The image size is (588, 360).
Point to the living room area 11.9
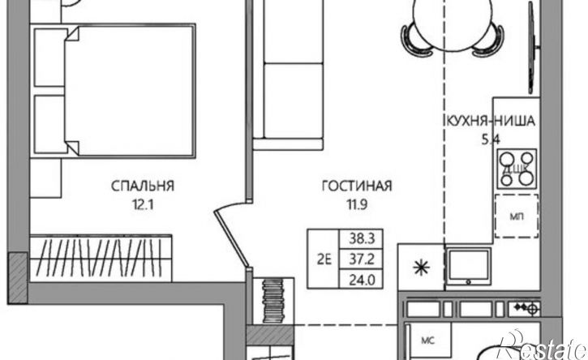coord(356,204)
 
